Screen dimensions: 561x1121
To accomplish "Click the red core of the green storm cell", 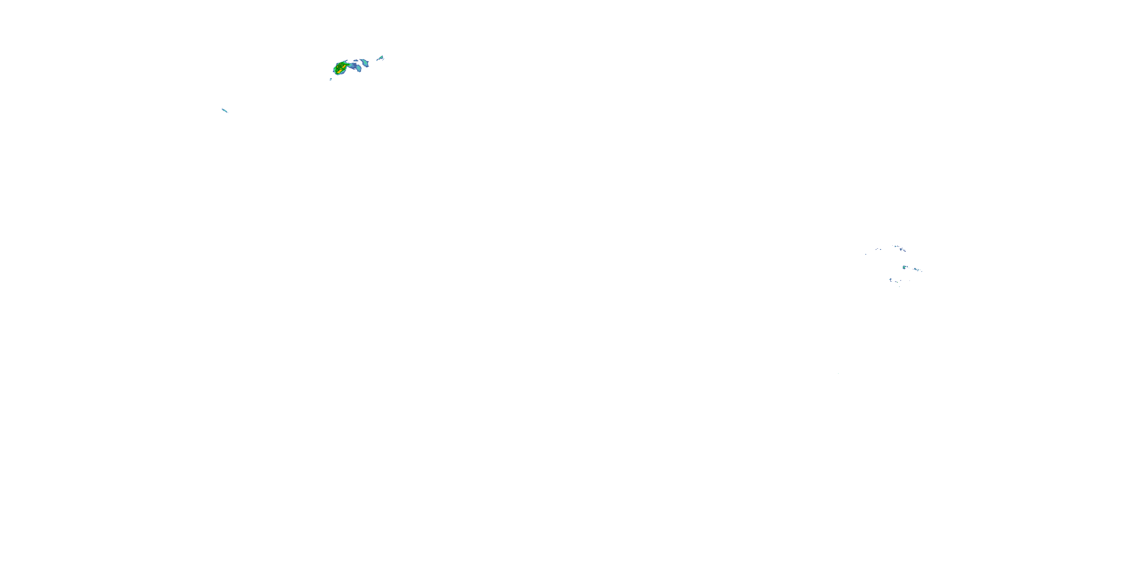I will [x=344, y=67].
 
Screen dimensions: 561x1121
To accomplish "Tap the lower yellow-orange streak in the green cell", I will [x=339, y=72].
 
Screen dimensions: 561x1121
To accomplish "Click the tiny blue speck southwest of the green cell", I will [x=331, y=79].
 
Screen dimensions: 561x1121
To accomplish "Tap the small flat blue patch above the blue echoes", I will [x=356, y=61].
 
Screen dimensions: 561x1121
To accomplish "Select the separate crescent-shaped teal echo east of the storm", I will [x=365, y=63].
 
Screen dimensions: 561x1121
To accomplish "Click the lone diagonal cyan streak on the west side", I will [x=225, y=110].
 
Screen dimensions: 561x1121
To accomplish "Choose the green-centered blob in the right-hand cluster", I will [x=904, y=267].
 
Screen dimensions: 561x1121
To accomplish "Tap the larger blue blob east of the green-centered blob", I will [x=915, y=269].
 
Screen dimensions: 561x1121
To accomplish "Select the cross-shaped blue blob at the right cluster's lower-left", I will [x=891, y=280].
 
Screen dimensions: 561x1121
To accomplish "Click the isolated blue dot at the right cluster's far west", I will [x=866, y=254].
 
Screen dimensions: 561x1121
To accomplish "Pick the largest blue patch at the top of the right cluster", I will [x=901, y=249].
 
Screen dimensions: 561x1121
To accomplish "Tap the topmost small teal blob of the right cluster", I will [x=896, y=246].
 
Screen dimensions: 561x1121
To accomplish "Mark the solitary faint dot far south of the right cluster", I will [x=838, y=373].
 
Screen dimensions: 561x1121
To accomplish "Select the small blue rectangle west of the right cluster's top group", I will [x=881, y=249].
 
